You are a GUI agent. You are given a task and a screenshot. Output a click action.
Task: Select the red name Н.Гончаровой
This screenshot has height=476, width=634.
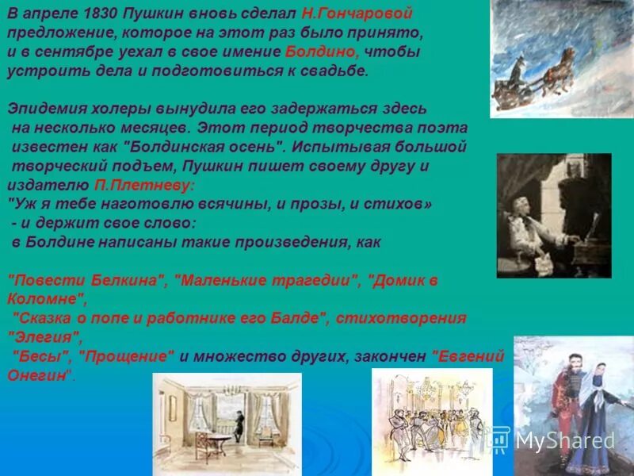(x=357, y=15)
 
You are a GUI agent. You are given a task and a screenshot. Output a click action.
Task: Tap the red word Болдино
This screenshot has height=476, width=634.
(x=322, y=52)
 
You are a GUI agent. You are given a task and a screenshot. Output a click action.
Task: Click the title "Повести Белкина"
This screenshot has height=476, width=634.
(x=86, y=280)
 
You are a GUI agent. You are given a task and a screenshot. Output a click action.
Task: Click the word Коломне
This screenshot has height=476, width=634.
(x=43, y=299)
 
